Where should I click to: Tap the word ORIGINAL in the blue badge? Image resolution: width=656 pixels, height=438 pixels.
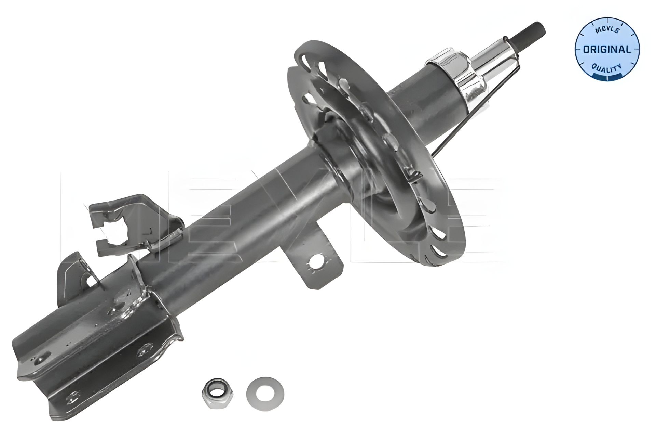coord(607,49)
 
